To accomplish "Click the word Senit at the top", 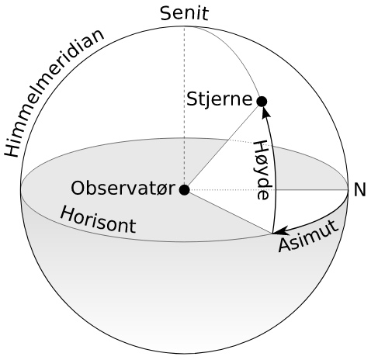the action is click(x=184, y=13).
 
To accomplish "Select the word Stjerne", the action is click(x=219, y=99).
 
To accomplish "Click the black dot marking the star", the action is click(x=262, y=102).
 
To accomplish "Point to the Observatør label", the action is click(x=123, y=189).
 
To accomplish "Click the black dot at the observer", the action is click(x=185, y=190).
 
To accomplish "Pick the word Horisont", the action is click(x=99, y=220).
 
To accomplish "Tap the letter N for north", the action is click(x=359, y=190).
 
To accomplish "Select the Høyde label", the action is click(x=263, y=170).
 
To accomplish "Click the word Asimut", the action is click(x=308, y=236).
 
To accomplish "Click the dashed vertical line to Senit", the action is click(x=184, y=108).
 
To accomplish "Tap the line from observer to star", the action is click(x=223, y=146).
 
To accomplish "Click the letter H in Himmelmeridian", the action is click(x=12, y=147).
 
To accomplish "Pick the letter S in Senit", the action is click(x=166, y=14).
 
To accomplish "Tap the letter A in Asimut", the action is click(x=286, y=245).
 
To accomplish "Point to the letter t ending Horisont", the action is click(x=133, y=226).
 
